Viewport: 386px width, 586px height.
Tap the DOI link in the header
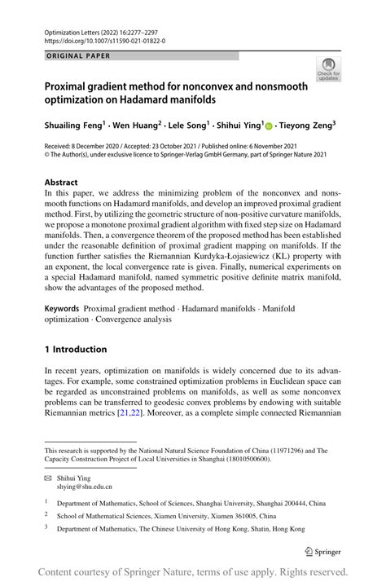(106, 40)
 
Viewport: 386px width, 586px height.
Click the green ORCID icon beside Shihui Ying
(270, 126)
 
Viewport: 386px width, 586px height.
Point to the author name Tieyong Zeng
(307, 126)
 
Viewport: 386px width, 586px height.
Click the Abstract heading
(61, 183)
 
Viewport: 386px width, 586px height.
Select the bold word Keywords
(62, 310)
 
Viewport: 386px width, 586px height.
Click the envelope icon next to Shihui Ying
(49, 479)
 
